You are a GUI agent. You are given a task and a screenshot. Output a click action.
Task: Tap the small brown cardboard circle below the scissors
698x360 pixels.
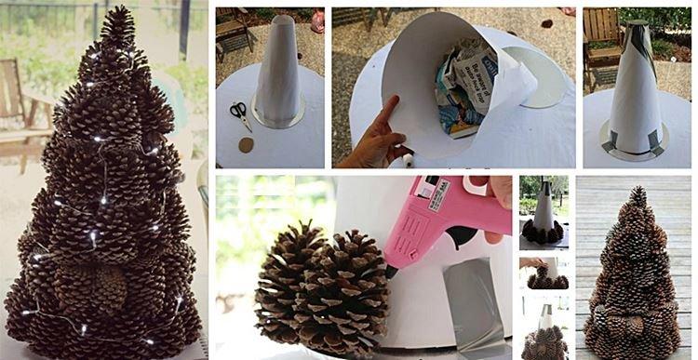pos(247,144)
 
